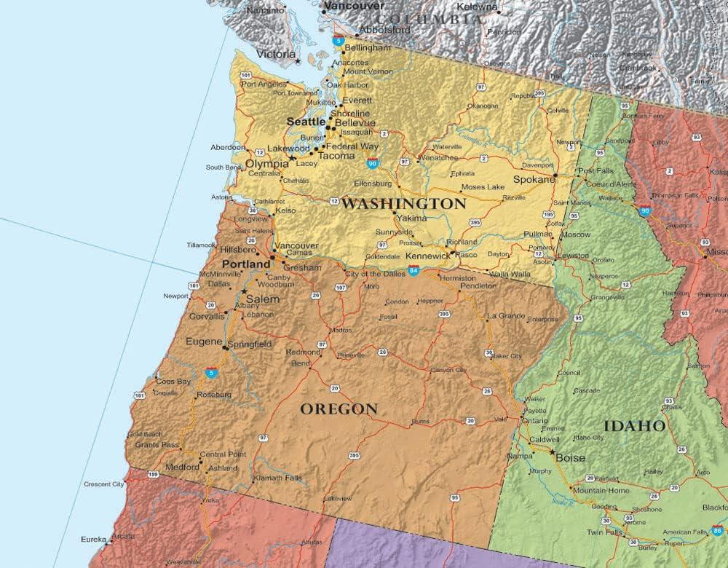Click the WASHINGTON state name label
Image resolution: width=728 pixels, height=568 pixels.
[403, 204]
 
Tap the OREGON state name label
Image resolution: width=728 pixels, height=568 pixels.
[339, 409]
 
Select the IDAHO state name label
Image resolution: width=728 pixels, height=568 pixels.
[634, 426]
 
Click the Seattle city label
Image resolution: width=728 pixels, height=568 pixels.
[306, 122]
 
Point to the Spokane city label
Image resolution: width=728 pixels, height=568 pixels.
[534, 179]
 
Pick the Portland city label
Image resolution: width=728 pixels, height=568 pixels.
[246, 264]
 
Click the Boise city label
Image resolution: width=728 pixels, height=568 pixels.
[570, 458]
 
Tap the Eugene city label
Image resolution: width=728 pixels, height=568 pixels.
[204, 342]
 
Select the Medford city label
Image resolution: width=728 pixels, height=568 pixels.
[182, 467]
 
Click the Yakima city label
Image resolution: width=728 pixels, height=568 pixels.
[412, 218]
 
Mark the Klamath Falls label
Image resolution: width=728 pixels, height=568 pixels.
[277, 478]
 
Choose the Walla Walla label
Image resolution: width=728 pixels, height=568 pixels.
[510, 274]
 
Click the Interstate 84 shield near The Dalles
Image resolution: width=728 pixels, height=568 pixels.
[414, 271]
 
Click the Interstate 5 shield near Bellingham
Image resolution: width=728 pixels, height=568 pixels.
[339, 42]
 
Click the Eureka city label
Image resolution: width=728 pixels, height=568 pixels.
[94, 540]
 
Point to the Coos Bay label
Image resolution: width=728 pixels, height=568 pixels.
[173, 382]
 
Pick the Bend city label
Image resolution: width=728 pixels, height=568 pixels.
[300, 363]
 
